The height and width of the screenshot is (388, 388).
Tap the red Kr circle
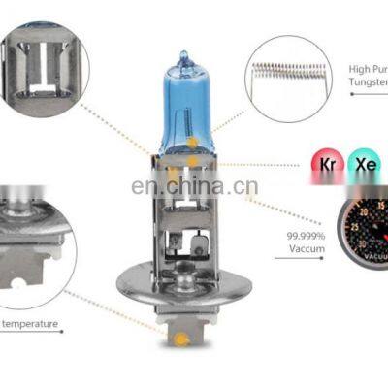326,166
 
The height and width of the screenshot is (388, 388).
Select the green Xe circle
364,166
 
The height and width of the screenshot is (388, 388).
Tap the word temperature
30,324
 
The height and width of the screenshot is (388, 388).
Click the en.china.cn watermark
193,187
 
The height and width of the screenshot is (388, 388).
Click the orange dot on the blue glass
193,143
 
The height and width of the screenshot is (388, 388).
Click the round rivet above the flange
198,239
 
